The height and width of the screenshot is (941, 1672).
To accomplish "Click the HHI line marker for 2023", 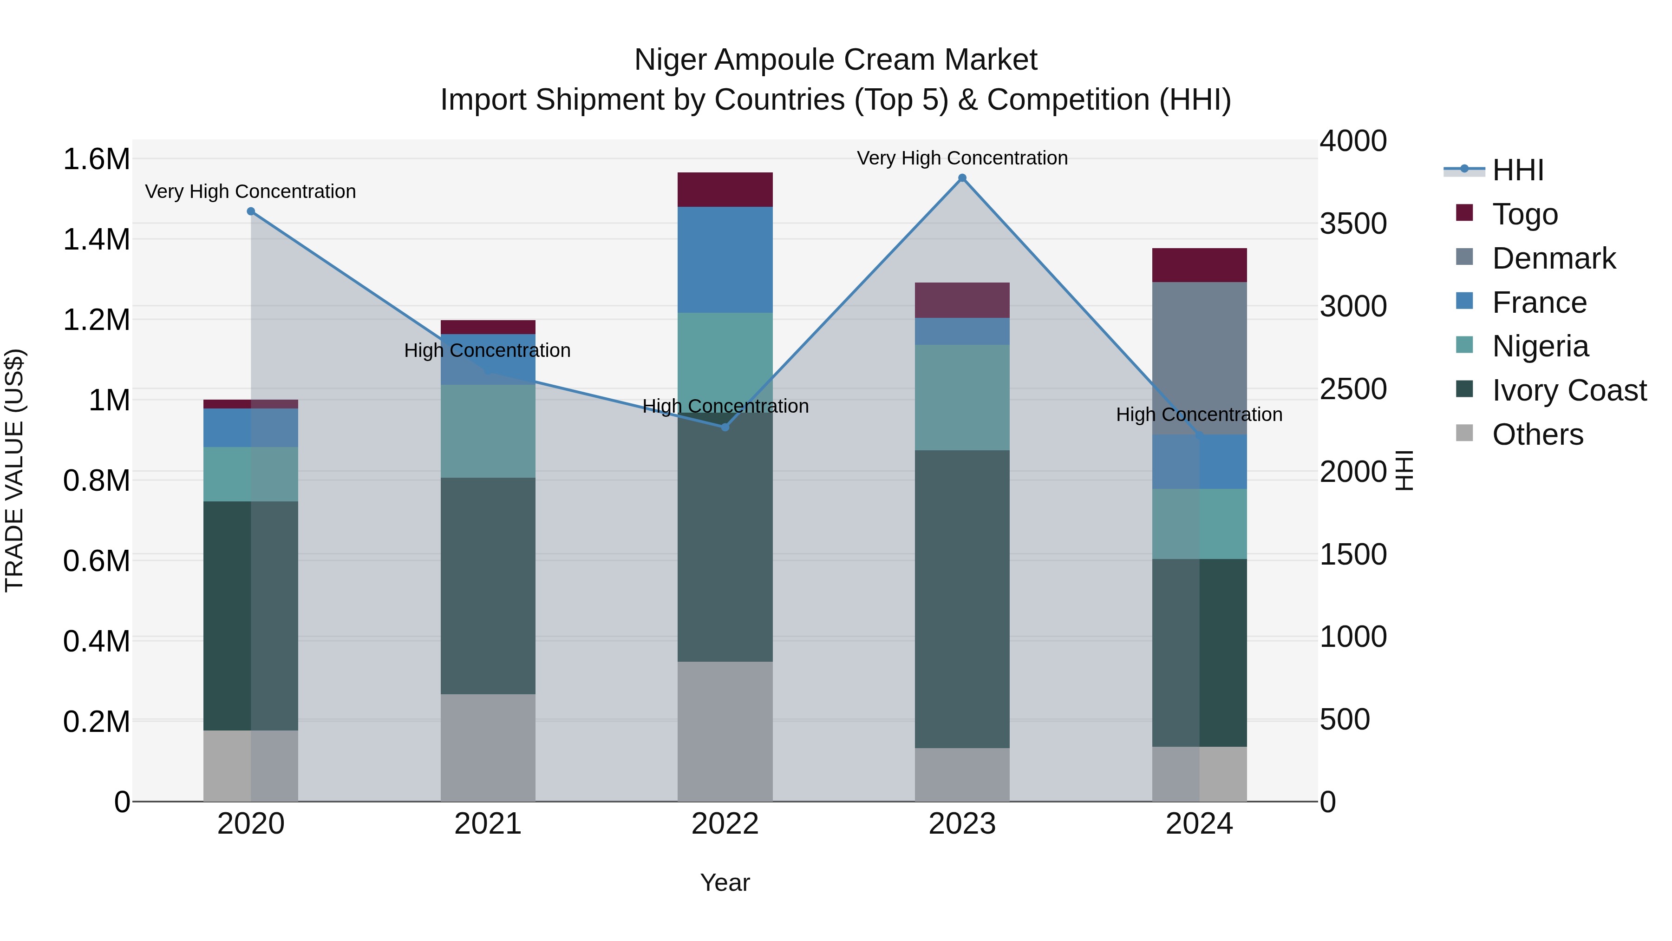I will tap(962, 178).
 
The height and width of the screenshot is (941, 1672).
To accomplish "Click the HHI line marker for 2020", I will tap(251, 211).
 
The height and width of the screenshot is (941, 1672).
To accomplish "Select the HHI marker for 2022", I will tap(725, 428).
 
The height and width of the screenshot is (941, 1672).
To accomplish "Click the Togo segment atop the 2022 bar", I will tap(725, 190).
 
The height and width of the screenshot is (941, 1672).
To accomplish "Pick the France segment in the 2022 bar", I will tap(725, 260).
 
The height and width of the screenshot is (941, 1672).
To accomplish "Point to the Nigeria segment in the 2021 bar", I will tap(488, 431).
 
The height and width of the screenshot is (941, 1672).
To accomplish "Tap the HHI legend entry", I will tap(1517, 170).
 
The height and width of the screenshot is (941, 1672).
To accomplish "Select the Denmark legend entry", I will tap(1553, 258).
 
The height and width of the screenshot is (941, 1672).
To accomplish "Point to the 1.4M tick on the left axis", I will tap(96, 239).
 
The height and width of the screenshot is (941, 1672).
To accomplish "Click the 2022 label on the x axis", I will tap(725, 823).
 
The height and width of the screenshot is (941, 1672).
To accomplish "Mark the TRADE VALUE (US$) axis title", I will tap(15, 470).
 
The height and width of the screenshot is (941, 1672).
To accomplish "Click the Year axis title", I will tap(725, 882).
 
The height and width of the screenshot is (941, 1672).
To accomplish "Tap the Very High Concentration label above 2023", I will tap(962, 158).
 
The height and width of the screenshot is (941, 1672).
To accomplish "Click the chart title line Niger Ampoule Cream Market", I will tap(836, 60).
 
